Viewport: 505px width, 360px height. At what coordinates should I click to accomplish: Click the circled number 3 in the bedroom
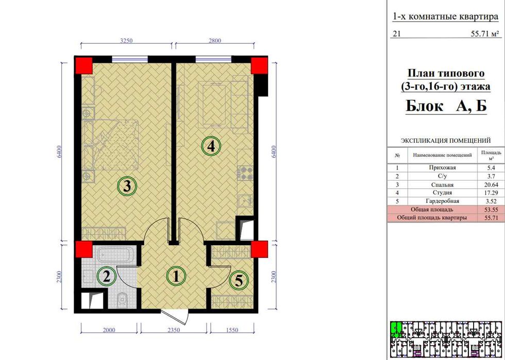coord(127,186)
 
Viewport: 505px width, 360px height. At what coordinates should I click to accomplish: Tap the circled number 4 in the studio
coord(211,147)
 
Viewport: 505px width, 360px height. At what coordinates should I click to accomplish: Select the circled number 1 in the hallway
coord(176,276)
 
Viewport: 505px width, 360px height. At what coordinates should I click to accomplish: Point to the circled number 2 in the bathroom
coord(107,276)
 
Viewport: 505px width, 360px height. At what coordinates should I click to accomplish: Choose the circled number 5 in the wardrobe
coord(239,281)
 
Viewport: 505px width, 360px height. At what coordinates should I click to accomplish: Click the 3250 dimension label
coord(126,41)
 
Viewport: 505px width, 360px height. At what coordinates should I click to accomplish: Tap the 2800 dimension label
coord(215,41)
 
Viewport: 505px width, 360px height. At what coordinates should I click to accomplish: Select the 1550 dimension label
coord(232,330)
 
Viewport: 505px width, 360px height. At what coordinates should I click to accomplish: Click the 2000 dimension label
coord(109,330)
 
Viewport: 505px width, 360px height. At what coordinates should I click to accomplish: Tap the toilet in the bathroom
coord(122,299)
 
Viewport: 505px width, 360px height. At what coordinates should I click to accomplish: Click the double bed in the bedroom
coord(110,145)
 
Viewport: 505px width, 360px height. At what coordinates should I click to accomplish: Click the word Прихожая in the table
coord(442,168)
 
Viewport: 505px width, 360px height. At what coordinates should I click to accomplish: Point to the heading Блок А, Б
coord(446,106)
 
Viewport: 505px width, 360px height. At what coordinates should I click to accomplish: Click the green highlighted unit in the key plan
coord(396,329)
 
